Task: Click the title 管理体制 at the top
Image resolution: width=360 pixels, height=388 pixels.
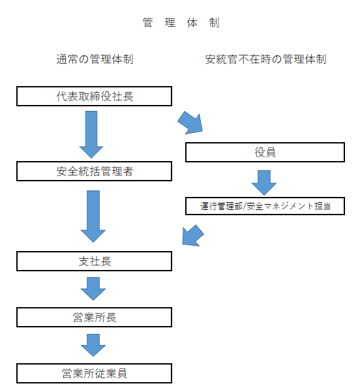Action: pyautogui.click(x=181, y=23)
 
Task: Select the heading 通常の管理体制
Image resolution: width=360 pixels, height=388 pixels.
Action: pyautogui.click(x=95, y=59)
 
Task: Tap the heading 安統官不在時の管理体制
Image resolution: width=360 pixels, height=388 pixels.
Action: pyautogui.click(x=265, y=59)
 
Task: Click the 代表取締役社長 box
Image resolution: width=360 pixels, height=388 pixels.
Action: pyautogui.click(x=94, y=97)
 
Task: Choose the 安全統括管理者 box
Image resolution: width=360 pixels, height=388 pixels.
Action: pyautogui.click(x=94, y=172)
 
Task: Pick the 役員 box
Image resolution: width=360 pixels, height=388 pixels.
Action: pyautogui.click(x=265, y=153)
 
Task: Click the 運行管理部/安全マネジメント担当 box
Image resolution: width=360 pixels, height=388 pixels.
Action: pyautogui.click(x=265, y=205)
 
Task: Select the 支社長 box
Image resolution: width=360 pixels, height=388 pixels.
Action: pyautogui.click(x=94, y=261)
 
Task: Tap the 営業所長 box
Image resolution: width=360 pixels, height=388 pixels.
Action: pyautogui.click(x=94, y=318)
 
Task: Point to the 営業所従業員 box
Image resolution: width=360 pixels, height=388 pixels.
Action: pyautogui.click(x=94, y=374)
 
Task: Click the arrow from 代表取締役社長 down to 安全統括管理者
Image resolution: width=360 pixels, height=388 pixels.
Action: pyautogui.click(x=92, y=134)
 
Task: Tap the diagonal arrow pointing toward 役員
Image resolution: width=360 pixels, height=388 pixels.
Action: pyautogui.click(x=191, y=121)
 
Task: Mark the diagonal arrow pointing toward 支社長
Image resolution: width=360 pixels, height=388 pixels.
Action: pyautogui.click(x=192, y=235)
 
